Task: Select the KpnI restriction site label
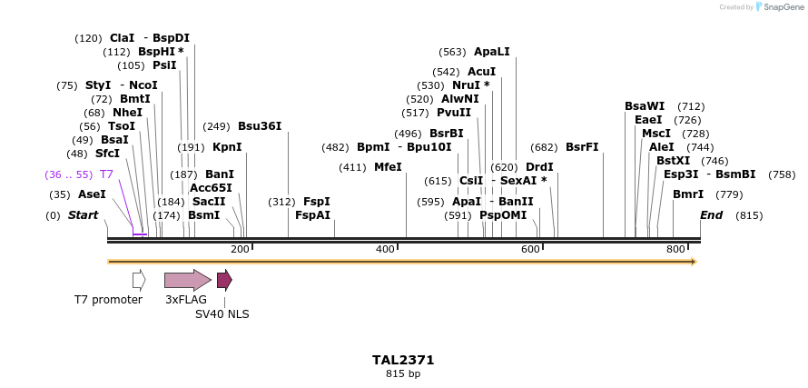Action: point(227,146)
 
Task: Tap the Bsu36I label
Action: point(260,126)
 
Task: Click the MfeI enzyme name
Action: point(388,167)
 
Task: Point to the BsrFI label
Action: point(582,146)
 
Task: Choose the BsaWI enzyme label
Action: point(645,106)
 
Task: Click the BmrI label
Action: point(688,194)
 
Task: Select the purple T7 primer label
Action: point(106,174)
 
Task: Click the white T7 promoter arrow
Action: point(139,280)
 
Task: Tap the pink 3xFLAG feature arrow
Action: point(187,280)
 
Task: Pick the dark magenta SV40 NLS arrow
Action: point(224,280)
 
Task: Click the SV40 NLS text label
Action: point(222,314)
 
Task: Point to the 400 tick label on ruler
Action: point(385,249)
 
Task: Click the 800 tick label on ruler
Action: point(675,249)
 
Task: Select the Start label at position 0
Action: point(83,215)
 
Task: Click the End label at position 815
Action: point(712,215)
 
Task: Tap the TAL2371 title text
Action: point(403,360)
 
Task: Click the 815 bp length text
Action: point(403,373)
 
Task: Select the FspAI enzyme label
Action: point(312,215)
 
